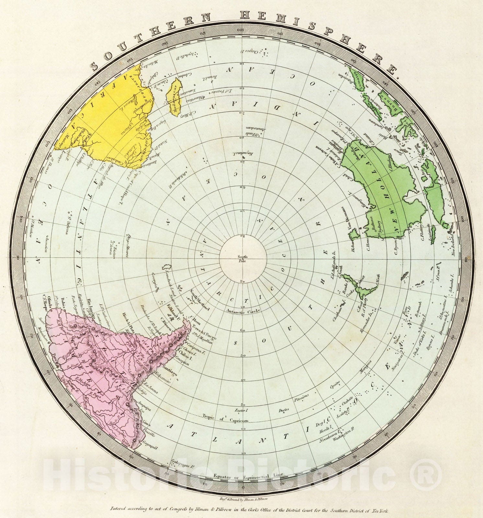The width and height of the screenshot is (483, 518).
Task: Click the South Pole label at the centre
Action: [242, 258]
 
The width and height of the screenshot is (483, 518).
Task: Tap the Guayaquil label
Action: [150, 445]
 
